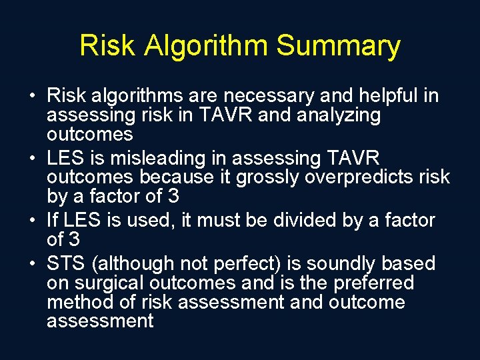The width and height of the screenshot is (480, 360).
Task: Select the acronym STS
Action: click(67, 263)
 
